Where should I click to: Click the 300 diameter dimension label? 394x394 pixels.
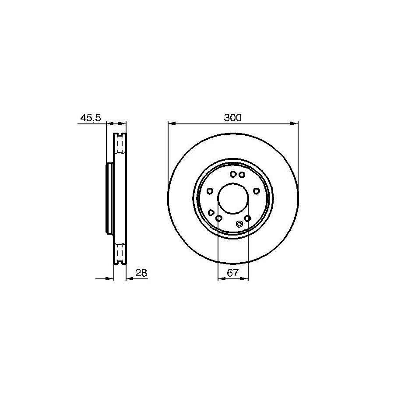(233, 118)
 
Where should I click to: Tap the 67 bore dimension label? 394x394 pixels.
(232, 273)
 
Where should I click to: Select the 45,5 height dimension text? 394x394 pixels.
(91, 118)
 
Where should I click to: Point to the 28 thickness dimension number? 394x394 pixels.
(141, 273)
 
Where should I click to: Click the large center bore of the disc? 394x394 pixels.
(233, 198)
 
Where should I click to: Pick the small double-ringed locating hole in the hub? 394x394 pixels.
(239, 224)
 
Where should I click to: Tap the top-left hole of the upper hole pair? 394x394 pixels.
(233, 174)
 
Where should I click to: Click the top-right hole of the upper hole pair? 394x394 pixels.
(242, 174)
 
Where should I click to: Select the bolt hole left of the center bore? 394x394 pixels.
(210, 191)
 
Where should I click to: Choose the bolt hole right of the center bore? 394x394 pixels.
(256, 191)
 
